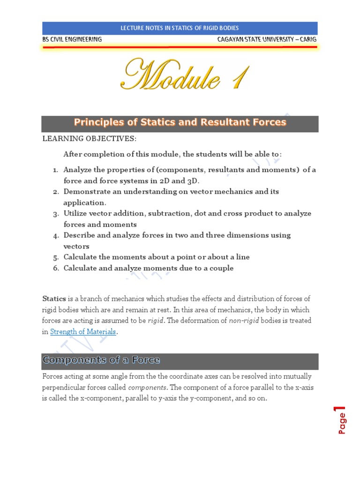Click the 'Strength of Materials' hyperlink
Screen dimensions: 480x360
coord(83,332)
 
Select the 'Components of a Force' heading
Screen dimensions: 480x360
coord(101,360)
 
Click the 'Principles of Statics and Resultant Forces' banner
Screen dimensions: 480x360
coord(180,123)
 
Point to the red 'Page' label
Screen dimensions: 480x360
coord(342,423)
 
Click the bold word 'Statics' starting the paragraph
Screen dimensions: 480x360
coord(54,299)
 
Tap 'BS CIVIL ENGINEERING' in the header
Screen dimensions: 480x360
coord(72,39)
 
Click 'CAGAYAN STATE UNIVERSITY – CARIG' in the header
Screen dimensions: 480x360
coord(267,39)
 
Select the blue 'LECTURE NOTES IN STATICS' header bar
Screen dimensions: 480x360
coord(180,28)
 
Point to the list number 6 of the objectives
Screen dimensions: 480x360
coord(55,268)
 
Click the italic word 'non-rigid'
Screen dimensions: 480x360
coord(243,321)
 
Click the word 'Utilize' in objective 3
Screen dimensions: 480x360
coord(75,213)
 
